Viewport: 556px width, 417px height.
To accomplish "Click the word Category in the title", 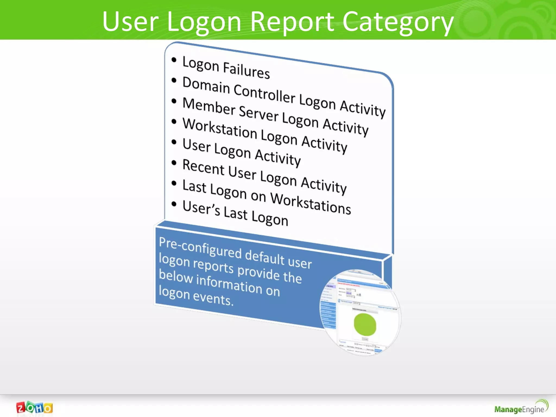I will coord(398,22).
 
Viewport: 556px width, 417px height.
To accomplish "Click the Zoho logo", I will coord(34,408).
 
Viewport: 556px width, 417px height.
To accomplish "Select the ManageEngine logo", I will coord(521,407).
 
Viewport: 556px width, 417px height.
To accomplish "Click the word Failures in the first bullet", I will coord(246,70).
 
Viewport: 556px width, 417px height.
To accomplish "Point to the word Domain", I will coord(206,85).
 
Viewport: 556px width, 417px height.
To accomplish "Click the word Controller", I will coord(264,93).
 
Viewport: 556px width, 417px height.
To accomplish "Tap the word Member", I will coord(209,106).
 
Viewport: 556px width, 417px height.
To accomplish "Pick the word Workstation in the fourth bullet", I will coord(220,128).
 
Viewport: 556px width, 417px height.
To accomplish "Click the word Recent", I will coord(204,168).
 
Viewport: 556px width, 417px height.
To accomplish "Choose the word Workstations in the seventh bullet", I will coord(311,203).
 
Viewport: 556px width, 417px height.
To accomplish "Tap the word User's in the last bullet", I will coord(201,208).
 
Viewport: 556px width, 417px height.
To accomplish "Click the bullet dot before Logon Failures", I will coord(174,60).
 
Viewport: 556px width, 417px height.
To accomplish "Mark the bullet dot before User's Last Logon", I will coord(174,204).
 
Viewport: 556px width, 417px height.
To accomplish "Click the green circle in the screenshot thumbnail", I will coord(365,325).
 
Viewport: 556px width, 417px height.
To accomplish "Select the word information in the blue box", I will coord(229,284).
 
